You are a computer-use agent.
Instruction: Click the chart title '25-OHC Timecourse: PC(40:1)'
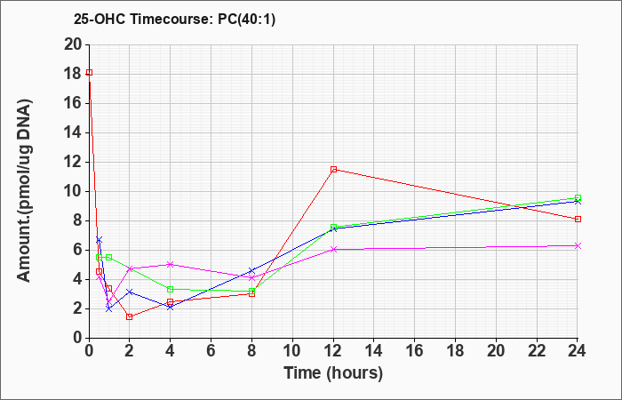tap(174, 19)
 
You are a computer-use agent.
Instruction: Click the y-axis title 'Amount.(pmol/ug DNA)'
tap(25, 191)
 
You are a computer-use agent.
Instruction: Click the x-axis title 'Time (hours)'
tap(333, 373)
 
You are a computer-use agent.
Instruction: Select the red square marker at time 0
tap(89, 72)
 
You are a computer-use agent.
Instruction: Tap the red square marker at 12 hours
tap(333, 170)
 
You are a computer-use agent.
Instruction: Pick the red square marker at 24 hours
tap(578, 219)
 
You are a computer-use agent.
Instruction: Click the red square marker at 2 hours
tap(130, 316)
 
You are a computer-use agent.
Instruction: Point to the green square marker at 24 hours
tap(578, 197)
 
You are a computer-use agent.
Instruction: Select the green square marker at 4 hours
tap(171, 289)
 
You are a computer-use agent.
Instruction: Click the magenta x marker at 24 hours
tap(578, 246)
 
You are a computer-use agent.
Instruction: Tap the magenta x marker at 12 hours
tap(333, 249)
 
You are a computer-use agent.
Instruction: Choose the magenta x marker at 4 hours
tap(171, 264)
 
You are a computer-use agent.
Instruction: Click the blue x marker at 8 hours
tap(251, 271)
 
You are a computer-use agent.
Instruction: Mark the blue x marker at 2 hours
tap(130, 292)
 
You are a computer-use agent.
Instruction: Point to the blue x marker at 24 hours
tap(578, 202)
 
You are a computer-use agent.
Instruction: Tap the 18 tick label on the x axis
tap(456, 351)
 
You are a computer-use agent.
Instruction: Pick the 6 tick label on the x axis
tap(211, 351)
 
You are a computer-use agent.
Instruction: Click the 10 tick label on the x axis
tap(292, 351)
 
